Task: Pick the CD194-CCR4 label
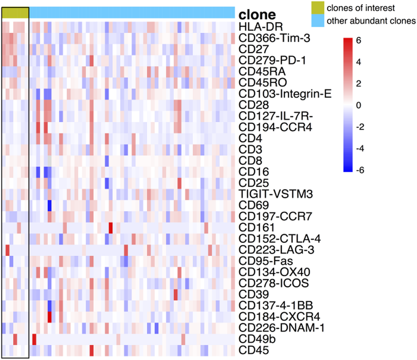tap(271, 127)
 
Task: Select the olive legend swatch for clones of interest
tap(318, 8)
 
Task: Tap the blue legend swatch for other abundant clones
tap(318, 21)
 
